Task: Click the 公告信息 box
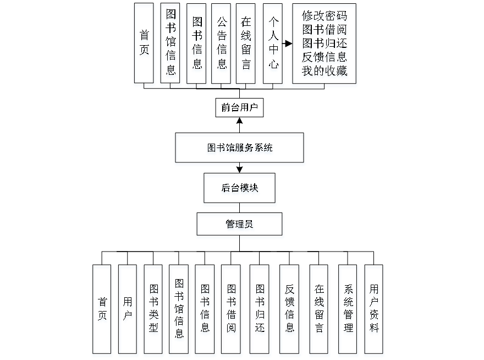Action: [222, 45]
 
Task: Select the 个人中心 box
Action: [273, 45]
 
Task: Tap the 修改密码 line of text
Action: [324, 17]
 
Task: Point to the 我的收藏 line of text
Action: [324, 70]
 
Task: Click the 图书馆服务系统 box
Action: [240, 149]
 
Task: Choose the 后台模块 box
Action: [240, 189]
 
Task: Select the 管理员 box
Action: [240, 225]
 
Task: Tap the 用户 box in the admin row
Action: [128, 310]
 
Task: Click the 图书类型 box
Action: [153, 310]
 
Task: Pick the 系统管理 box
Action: [348, 310]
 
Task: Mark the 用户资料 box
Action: [374, 310]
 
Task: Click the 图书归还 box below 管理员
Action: [260, 310]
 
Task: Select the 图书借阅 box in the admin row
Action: [231, 310]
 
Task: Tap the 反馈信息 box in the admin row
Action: [290, 310]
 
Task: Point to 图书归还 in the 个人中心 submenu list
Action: [324, 43]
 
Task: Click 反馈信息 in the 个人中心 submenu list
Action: [324, 57]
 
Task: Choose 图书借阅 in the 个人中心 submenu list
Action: [324, 30]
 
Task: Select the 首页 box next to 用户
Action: [102, 310]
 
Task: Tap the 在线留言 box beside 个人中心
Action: [246, 45]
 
